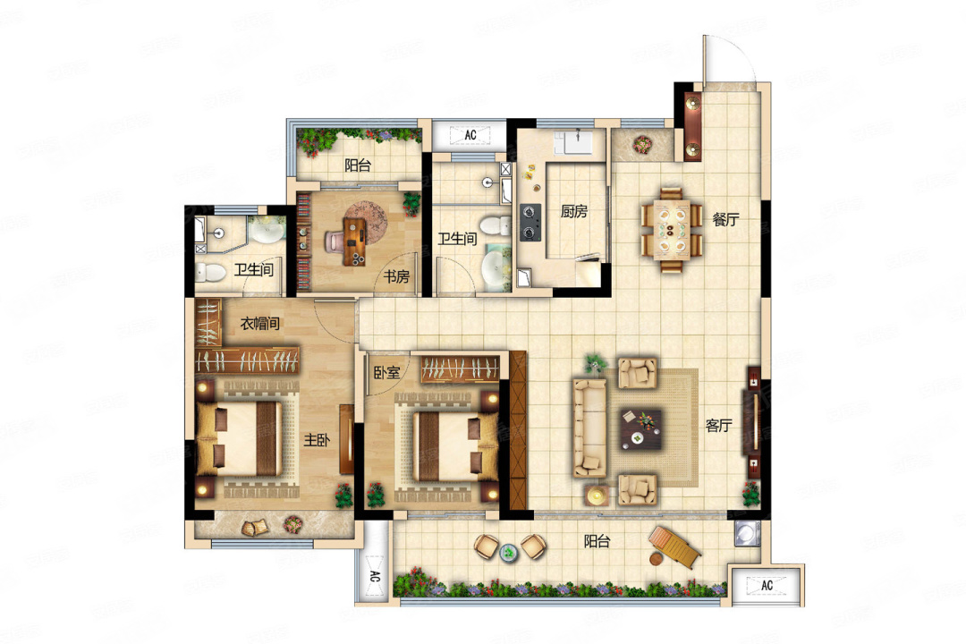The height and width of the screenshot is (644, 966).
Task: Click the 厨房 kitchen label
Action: (x=573, y=211)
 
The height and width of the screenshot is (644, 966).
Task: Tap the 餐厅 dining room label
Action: (x=725, y=219)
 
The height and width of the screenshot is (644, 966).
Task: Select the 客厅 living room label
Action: (x=718, y=425)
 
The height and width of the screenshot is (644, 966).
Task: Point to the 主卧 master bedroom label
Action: (x=317, y=439)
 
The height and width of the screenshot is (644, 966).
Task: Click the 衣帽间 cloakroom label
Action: (x=260, y=323)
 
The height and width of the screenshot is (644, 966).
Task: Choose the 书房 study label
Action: (x=396, y=276)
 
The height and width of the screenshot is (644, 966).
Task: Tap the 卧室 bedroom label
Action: (x=387, y=372)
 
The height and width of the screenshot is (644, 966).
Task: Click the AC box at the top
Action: (x=470, y=134)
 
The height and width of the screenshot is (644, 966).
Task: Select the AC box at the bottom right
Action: (x=767, y=585)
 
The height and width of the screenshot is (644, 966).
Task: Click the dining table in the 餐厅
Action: (x=672, y=229)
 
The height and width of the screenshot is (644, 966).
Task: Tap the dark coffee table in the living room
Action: (x=640, y=429)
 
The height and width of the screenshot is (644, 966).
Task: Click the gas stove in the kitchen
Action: (x=530, y=222)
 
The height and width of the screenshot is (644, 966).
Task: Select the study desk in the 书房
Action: (x=354, y=241)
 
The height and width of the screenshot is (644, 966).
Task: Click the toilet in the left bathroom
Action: (x=210, y=272)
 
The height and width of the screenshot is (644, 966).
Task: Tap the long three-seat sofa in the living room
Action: (x=589, y=428)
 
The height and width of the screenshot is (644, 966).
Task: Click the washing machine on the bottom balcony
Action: (x=747, y=534)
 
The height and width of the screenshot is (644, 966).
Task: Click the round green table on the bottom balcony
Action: (x=508, y=553)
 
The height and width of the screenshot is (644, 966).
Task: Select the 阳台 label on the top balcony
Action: (x=357, y=165)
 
